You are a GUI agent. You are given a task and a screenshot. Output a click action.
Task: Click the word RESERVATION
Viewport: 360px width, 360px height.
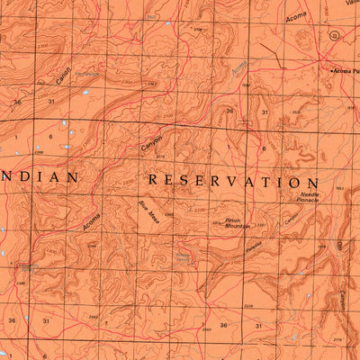[x=233, y=181]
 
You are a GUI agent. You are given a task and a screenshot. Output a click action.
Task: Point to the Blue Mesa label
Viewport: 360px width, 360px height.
[x=149, y=214]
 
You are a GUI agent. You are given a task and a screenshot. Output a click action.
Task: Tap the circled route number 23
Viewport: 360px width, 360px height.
[x=335, y=36]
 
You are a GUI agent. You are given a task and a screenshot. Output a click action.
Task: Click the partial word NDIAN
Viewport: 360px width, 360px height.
[x=39, y=178]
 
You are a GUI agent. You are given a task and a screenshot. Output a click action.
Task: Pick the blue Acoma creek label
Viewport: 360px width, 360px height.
[x=238, y=67]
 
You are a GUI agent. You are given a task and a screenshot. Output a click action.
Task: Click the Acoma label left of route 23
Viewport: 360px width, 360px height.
[x=295, y=15]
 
